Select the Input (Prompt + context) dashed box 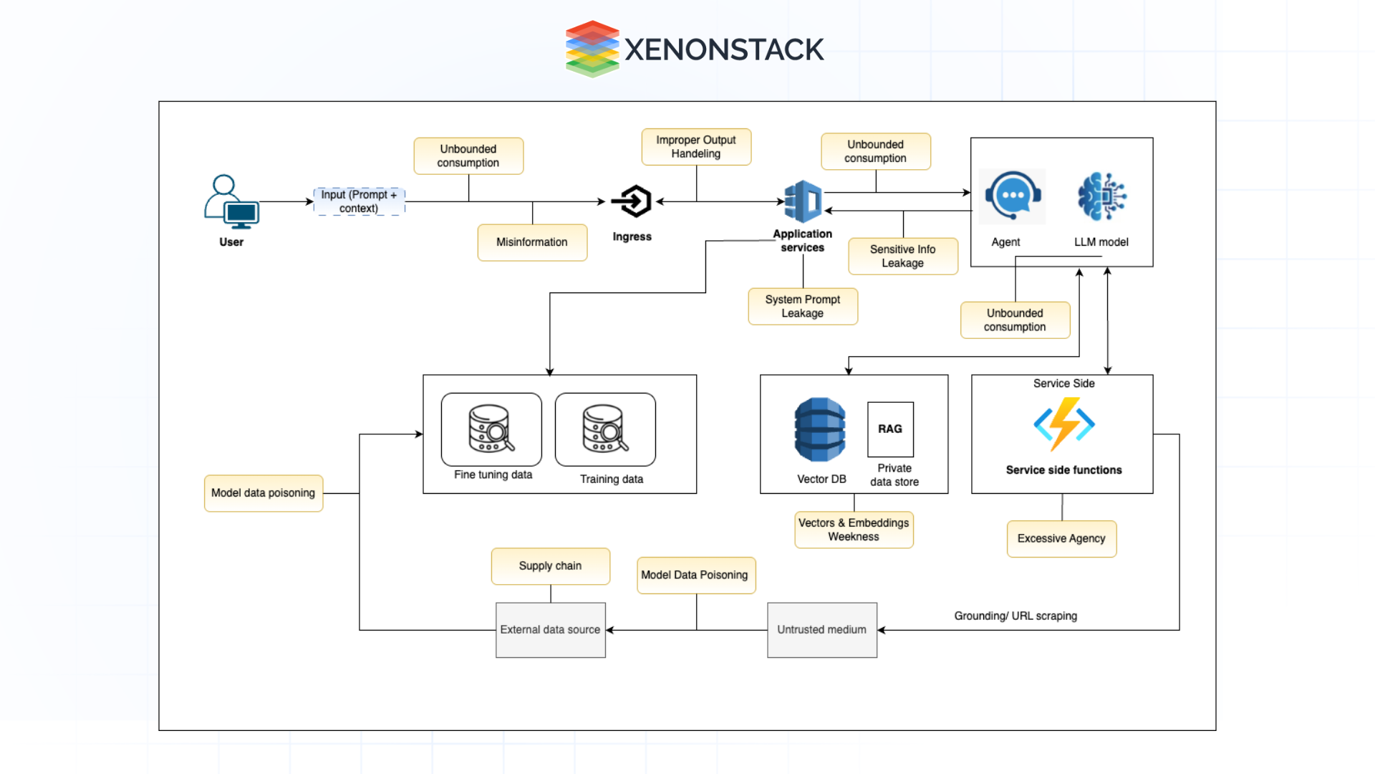(359, 201)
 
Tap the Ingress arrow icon (632, 201)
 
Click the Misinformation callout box (532, 242)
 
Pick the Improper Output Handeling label (696, 147)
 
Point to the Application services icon (804, 201)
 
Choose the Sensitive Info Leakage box (902, 256)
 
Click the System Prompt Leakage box (802, 306)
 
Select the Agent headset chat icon (1012, 196)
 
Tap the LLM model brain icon (1101, 196)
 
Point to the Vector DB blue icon (820, 429)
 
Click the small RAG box (890, 429)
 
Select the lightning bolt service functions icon (1063, 424)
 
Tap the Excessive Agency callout (1061, 539)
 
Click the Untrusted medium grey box (822, 630)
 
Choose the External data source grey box (550, 630)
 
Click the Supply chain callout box (550, 566)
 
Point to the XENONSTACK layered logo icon (592, 49)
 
